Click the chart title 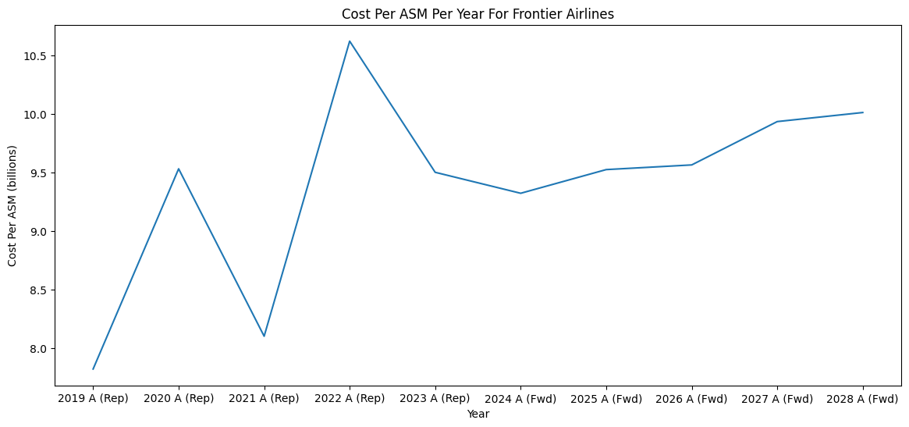478,13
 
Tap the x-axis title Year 478,414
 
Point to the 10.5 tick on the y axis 35,56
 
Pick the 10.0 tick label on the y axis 35,115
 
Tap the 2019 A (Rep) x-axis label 93,399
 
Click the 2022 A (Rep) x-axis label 350,399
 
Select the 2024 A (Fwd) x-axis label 520,399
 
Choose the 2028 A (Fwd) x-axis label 863,399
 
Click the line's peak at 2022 350,41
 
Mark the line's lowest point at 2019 94,369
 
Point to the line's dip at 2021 264,336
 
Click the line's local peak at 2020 179,169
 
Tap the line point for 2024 520,193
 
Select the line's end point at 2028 863,112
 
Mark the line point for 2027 777,121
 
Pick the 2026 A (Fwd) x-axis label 691,399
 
